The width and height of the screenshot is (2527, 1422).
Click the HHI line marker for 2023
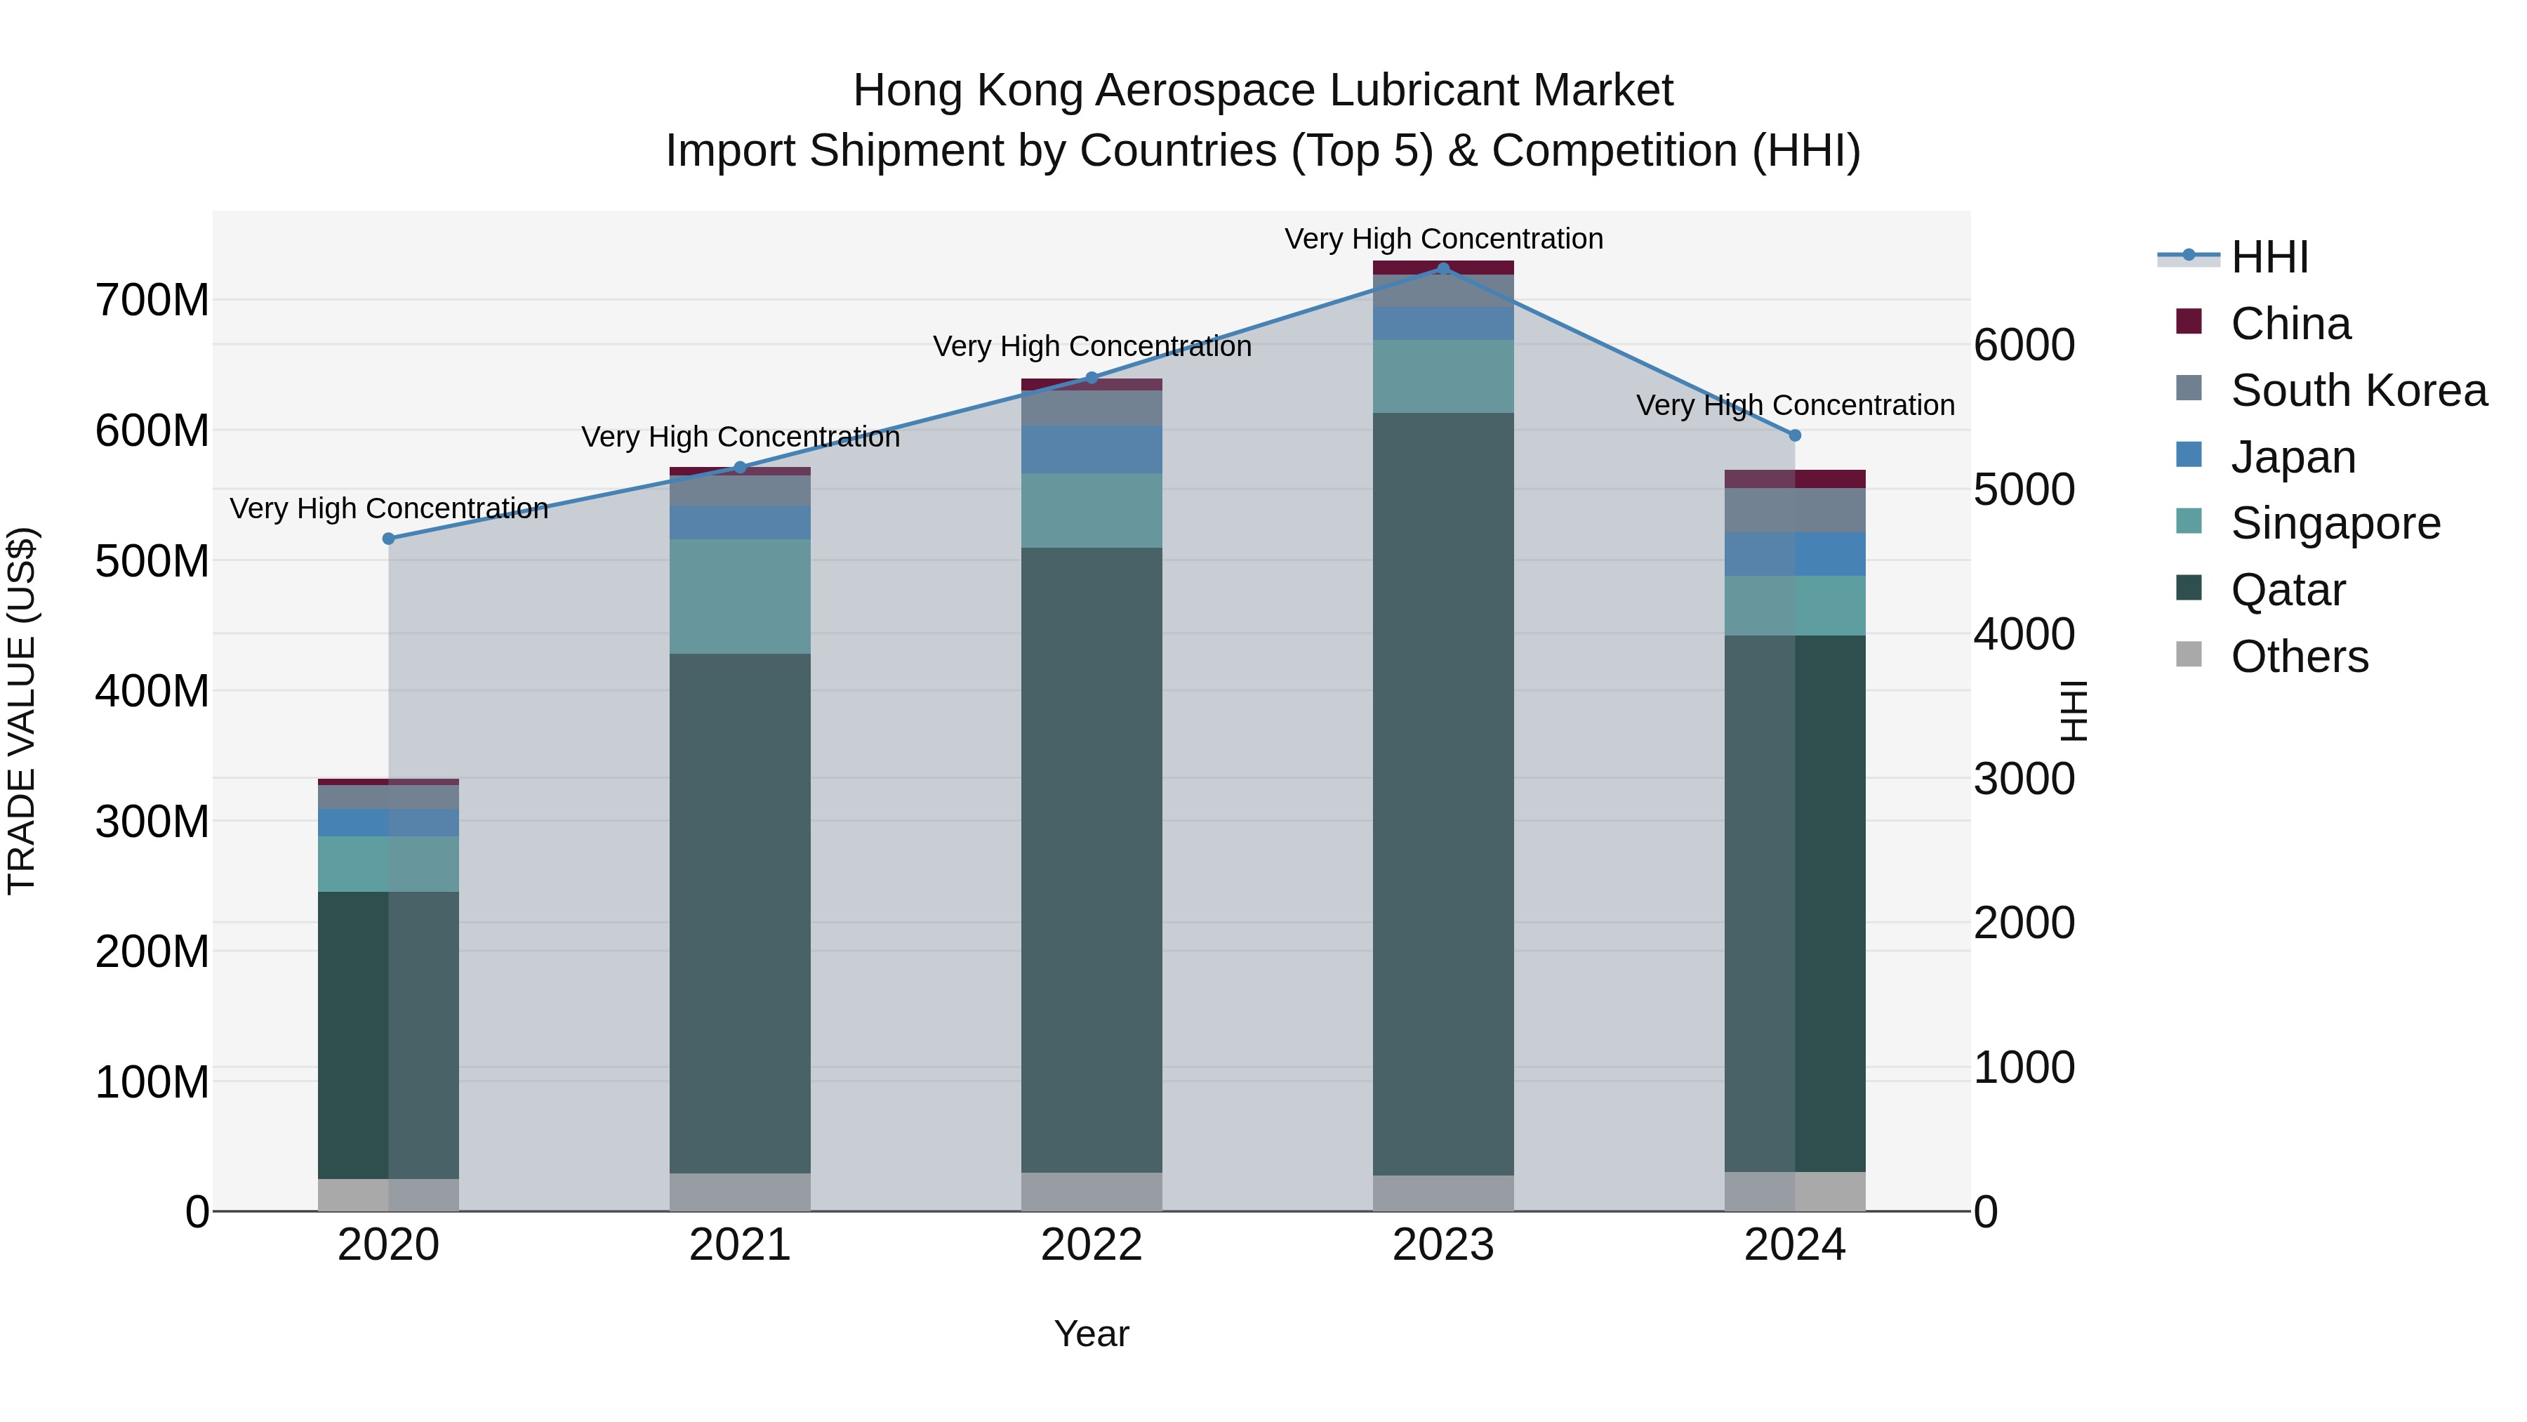(1443, 268)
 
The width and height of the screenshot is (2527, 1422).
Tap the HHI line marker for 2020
(388, 538)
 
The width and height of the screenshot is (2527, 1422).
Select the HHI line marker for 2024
(1795, 435)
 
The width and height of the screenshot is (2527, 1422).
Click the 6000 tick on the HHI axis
(2024, 345)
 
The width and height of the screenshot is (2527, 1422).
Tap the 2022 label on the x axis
(1091, 1245)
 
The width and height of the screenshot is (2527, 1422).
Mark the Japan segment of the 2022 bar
(1091, 449)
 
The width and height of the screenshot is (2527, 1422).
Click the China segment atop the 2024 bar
(1795, 479)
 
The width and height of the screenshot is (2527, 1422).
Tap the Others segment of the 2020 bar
(388, 1194)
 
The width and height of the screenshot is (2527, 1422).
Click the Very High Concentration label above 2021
(740, 437)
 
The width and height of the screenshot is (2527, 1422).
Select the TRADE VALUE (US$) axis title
(22, 711)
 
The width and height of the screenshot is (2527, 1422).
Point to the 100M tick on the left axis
(152, 1081)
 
